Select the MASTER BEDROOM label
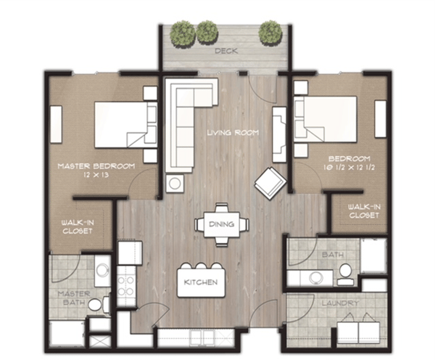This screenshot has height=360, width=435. click(x=96, y=167)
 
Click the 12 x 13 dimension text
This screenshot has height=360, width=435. click(x=96, y=176)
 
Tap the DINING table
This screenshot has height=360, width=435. click(x=221, y=224)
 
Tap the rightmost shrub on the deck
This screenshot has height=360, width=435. click(x=270, y=31)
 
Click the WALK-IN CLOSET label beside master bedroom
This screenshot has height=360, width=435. click(x=76, y=226)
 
